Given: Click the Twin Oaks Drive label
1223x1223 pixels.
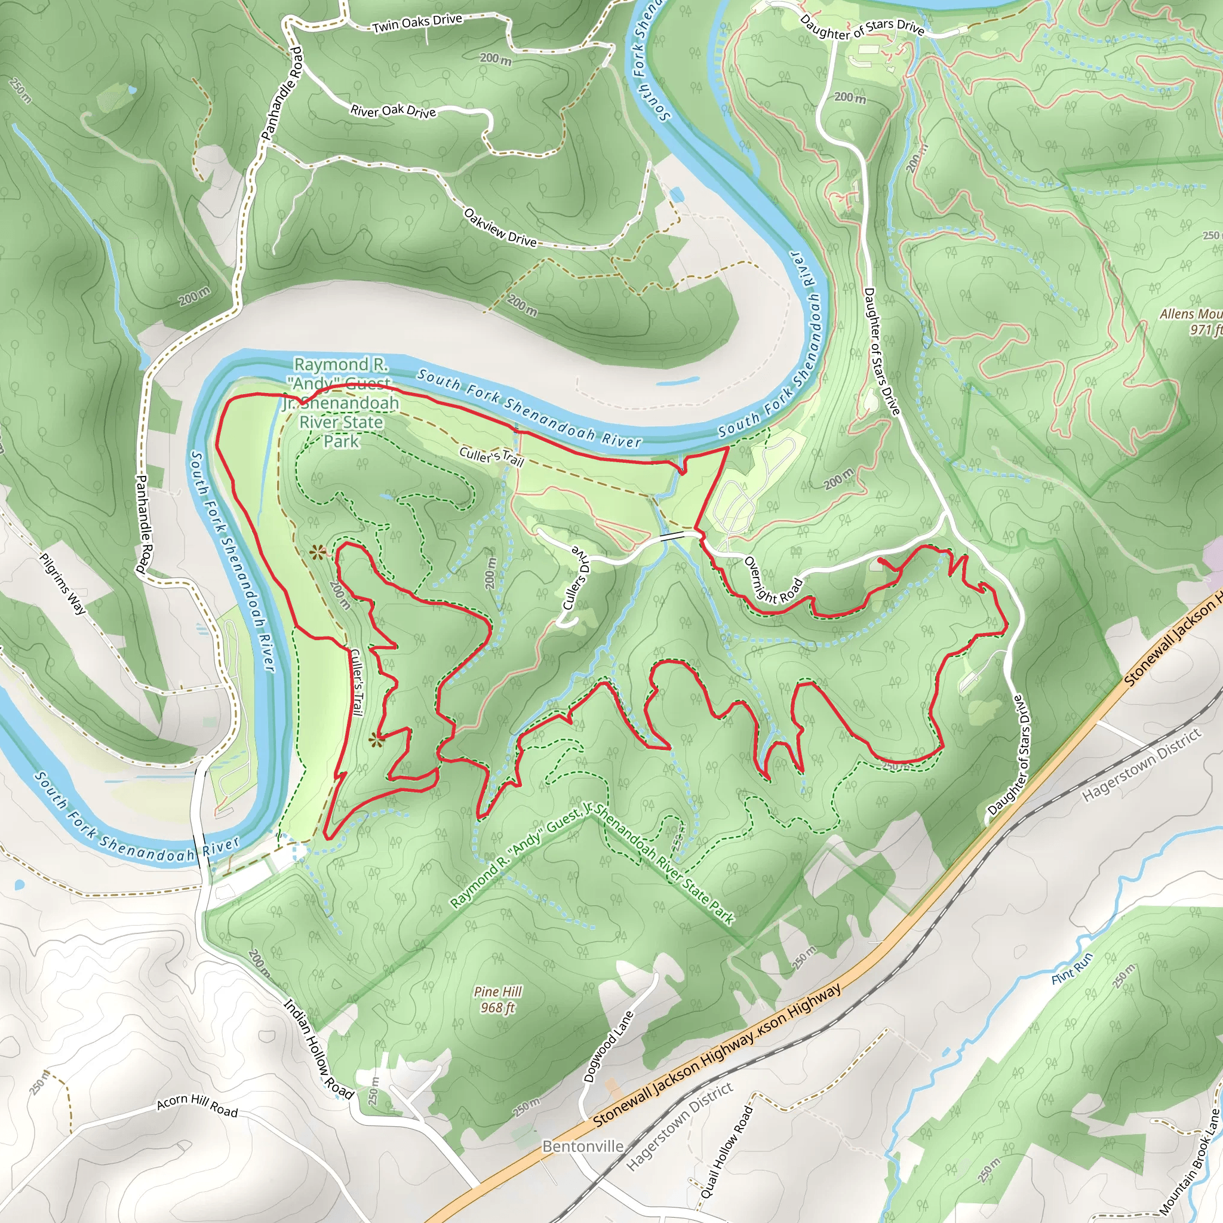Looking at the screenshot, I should tap(417, 23).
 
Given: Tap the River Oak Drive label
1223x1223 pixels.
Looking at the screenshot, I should tap(393, 111).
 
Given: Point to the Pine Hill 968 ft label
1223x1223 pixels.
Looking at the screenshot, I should tap(497, 1000).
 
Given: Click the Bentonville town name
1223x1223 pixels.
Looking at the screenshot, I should tap(582, 1147).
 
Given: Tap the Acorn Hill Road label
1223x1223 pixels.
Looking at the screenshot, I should tap(197, 1106).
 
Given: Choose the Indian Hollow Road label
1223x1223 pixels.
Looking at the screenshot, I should tap(318, 1048).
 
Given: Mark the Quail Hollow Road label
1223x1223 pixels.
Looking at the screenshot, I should tap(726, 1151).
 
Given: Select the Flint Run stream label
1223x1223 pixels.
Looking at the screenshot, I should tap(1072, 969).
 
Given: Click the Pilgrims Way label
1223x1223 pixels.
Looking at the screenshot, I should tap(62, 583).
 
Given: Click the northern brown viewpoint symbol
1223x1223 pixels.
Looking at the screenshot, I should tap(317, 553).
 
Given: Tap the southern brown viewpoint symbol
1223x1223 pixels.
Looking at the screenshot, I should tap(377, 739).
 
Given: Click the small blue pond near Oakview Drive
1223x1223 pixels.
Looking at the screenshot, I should tap(676, 194).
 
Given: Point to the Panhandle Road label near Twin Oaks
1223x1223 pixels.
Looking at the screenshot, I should tap(282, 93).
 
